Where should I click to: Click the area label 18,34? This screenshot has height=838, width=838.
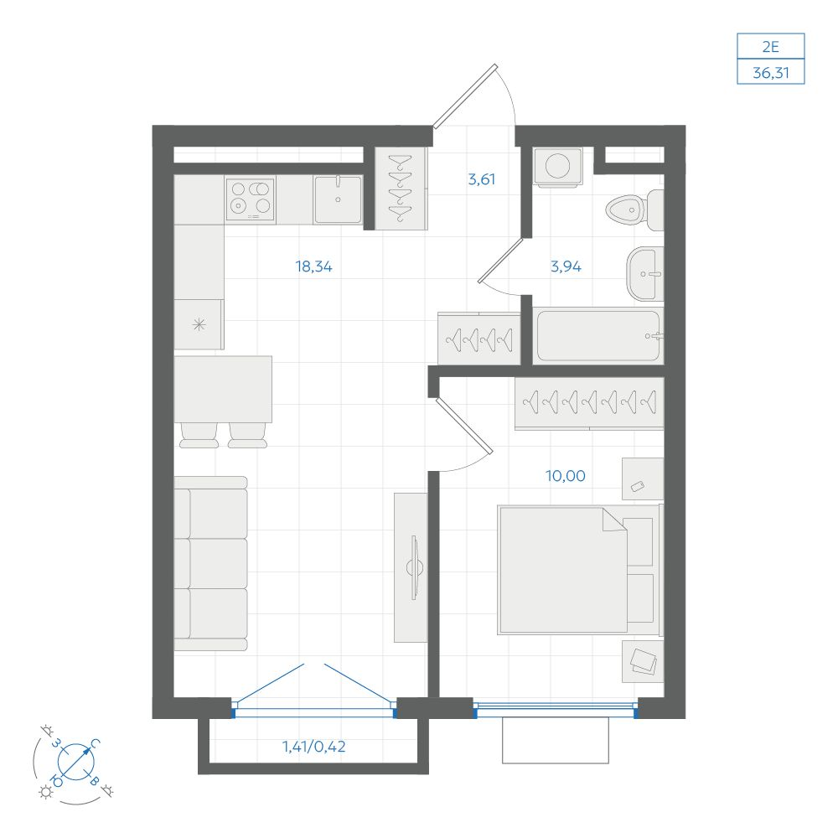pyautogui.click(x=313, y=266)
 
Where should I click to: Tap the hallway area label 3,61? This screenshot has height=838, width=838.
pyautogui.click(x=482, y=179)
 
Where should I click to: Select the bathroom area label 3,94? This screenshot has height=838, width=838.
pyautogui.click(x=566, y=266)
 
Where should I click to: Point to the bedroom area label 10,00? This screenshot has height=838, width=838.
pyautogui.click(x=566, y=476)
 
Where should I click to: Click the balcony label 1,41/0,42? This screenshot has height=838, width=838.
pyautogui.click(x=313, y=746)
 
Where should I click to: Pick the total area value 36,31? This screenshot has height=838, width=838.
pyautogui.click(x=771, y=73)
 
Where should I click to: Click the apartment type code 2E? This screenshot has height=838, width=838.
pyautogui.click(x=771, y=47)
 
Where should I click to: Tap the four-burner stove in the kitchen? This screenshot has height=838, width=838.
pyautogui.click(x=250, y=200)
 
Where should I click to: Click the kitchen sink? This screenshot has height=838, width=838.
pyautogui.click(x=338, y=199)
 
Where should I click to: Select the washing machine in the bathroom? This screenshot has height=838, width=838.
pyautogui.click(x=557, y=167)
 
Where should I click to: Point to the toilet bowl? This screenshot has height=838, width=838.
pyautogui.click(x=635, y=209)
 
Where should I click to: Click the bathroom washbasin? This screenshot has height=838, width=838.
pyautogui.click(x=645, y=274)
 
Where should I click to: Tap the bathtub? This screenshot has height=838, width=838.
pyautogui.click(x=598, y=336)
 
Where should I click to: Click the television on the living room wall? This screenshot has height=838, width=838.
pyautogui.click(x=414, y=567)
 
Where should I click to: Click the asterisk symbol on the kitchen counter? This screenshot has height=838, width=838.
pyautogui.click(x=199, y=324)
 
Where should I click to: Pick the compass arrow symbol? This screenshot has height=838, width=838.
pyautogui.click(x=76, y=762)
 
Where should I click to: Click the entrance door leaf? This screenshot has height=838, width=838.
pyautogui.click(x=465, y=96)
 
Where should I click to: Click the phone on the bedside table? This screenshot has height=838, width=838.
pyautogui.click(x=638, y=486)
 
